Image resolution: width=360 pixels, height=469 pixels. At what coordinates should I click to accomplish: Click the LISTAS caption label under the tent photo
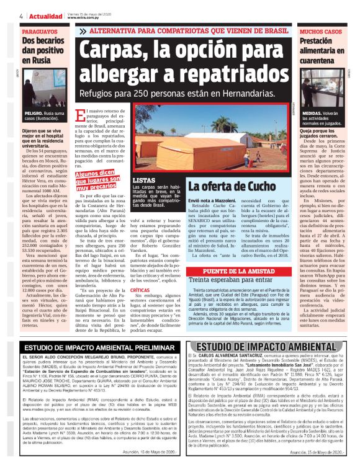coord(144,181)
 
